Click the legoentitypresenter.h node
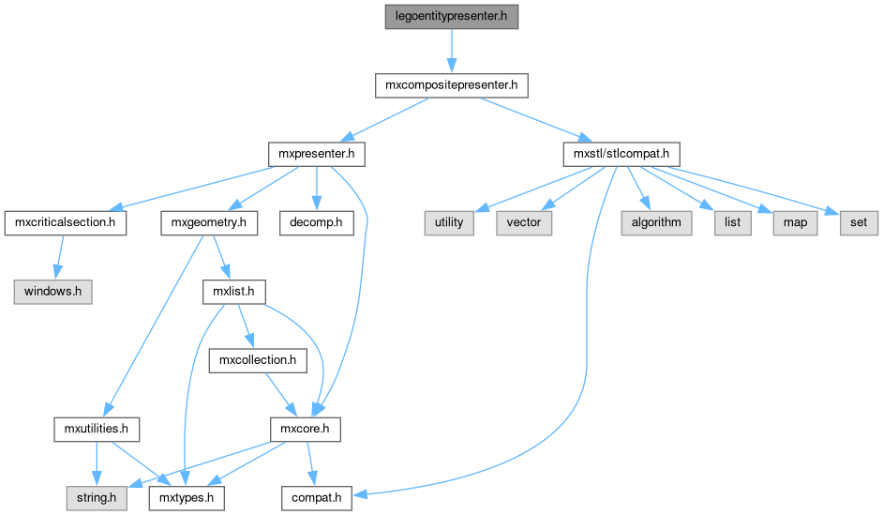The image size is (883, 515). [451, 17]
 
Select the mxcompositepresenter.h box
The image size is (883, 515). [451, 85]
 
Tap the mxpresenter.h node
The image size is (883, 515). [316, 153]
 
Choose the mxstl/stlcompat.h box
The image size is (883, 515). [620, 153]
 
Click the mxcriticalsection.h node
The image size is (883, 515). [66, 222]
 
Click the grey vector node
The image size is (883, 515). [524, 222]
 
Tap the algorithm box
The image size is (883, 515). [656, 222]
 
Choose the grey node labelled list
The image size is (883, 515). [733, 222]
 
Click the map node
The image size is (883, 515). [794, 222]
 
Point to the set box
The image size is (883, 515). [859, 222]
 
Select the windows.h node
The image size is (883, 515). [53, 291]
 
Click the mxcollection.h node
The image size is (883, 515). [258, 359]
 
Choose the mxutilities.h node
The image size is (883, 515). [96, 429]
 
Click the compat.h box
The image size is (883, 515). [316, 497]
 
